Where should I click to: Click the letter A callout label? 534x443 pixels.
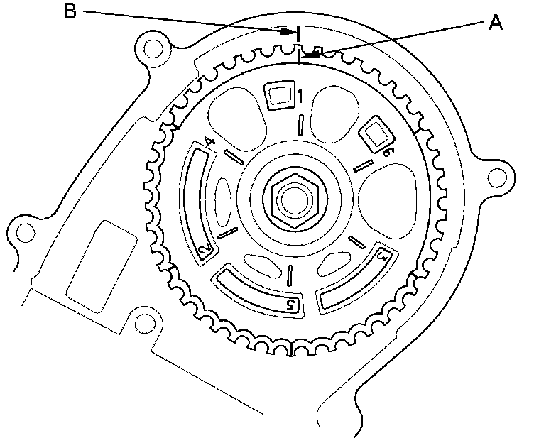tap(495, 23)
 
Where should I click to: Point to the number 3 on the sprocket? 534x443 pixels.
tap(382, 254)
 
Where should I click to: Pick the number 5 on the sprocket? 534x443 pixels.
tap(290, 305)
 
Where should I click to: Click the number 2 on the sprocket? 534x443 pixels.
tap(204, 251)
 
